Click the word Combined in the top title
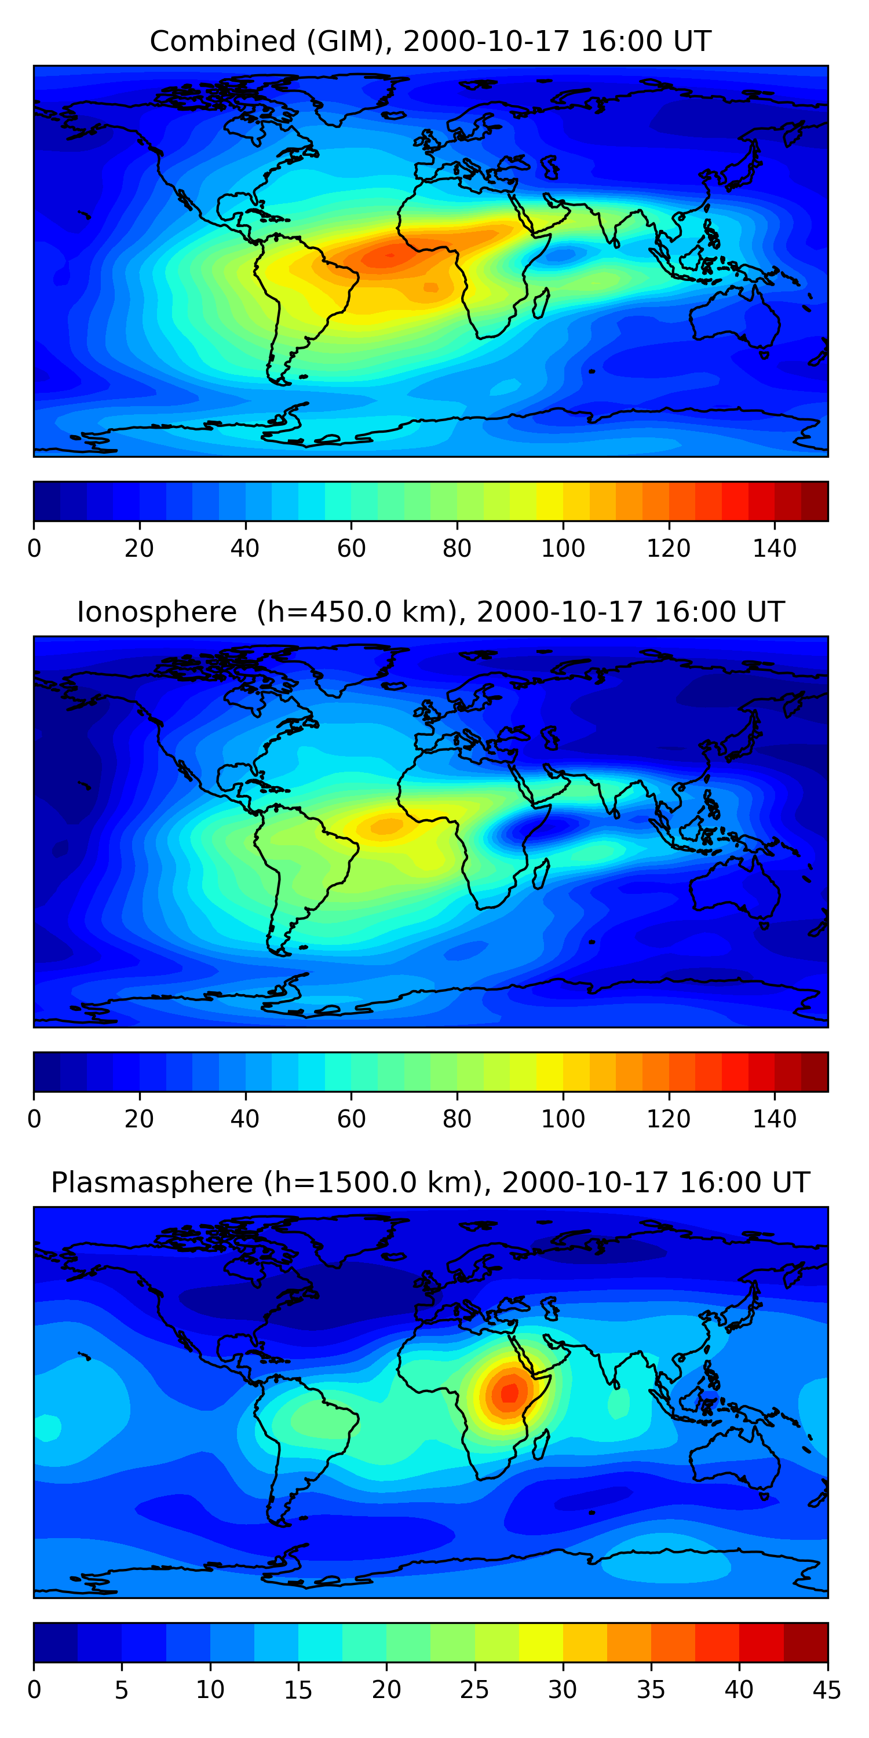(222, 41)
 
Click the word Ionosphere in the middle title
(156, 612)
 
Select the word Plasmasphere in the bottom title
(152, 1183)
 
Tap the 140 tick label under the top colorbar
(775, 549)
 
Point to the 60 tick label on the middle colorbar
(351, 1119)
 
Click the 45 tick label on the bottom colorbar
(827, 1690)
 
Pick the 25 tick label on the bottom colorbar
(474, 1690)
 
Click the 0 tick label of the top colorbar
(34, 549)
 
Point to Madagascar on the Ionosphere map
(541, 872)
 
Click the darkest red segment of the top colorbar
(815, 501)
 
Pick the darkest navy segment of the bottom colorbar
(55, 1642)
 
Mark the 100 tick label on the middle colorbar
(563, 1119)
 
